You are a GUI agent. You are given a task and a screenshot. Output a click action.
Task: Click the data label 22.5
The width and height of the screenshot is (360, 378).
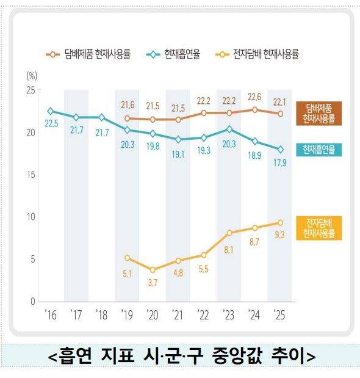click(51, 123)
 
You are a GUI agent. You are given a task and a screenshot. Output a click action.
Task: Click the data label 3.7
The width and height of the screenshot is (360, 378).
click(153, 282)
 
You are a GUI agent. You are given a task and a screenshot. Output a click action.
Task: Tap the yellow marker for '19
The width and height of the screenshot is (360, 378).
click(127, 258)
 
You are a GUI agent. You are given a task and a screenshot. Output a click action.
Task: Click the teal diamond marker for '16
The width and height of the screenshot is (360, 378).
click(51, 111)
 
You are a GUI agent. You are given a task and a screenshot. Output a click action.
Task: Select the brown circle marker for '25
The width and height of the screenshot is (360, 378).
click(279, 114)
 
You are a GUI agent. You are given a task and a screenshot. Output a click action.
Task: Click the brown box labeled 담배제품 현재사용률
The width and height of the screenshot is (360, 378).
click(319, 114)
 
